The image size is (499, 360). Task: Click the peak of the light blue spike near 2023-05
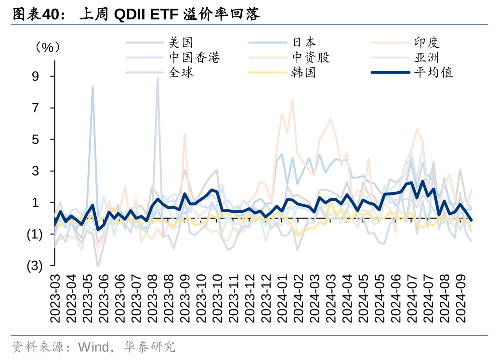(92, 87)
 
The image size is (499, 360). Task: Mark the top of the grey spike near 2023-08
(158, 78)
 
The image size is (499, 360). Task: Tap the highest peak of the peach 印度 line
(292, 100)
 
